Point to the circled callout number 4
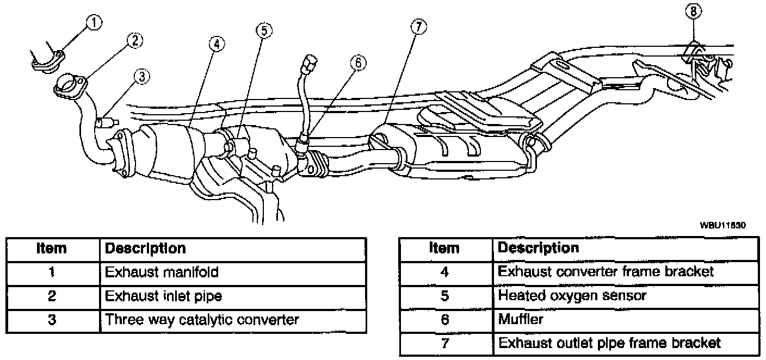[217, 44]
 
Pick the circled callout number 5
[263, 30]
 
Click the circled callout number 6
[357, 64]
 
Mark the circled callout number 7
[418, 27]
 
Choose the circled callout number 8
[696, 11]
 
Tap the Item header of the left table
[52, 249]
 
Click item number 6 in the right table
[444, 320]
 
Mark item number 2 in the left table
[52, 296]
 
